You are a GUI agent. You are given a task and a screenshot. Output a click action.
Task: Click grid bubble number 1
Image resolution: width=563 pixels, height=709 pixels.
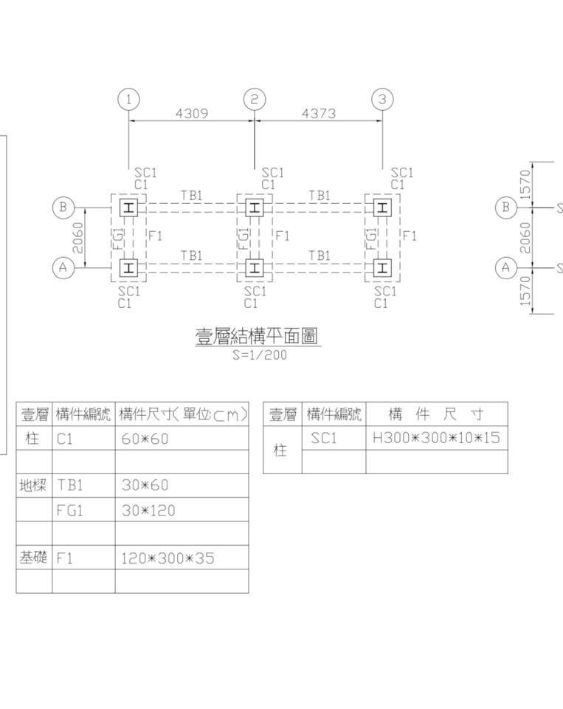129,99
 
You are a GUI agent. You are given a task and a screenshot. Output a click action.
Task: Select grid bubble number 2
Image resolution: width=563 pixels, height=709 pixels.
255,99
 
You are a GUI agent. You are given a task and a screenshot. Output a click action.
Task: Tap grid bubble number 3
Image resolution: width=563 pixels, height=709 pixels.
382,99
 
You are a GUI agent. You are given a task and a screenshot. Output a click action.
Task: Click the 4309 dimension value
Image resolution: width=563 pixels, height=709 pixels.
191,114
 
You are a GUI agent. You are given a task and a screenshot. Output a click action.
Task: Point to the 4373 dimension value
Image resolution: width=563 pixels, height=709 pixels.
319,114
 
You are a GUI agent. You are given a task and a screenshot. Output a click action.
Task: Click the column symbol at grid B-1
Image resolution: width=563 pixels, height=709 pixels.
128,208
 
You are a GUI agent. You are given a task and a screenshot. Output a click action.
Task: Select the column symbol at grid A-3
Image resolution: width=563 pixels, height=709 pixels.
382,267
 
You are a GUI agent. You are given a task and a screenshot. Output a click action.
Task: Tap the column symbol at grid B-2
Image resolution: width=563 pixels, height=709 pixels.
255,208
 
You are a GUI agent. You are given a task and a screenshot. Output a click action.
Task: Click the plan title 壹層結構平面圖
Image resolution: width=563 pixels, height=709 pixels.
257,337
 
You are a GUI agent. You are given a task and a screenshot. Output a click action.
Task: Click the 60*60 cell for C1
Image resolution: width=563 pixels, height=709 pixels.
145,439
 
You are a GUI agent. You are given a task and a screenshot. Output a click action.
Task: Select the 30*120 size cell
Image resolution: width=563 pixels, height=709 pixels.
148,510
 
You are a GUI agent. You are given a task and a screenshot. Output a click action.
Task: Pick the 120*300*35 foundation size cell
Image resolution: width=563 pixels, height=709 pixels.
167,558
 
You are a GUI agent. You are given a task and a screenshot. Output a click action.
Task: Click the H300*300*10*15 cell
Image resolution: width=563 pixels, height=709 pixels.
436,438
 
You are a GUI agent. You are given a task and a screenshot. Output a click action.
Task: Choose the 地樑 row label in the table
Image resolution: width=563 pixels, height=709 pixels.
34,486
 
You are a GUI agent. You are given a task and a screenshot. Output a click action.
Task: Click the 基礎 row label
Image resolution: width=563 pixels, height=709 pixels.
34,558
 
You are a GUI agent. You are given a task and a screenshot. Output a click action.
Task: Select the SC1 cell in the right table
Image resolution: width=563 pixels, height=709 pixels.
323,438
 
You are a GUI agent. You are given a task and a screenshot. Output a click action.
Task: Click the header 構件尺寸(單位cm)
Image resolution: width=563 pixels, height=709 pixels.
182,414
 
